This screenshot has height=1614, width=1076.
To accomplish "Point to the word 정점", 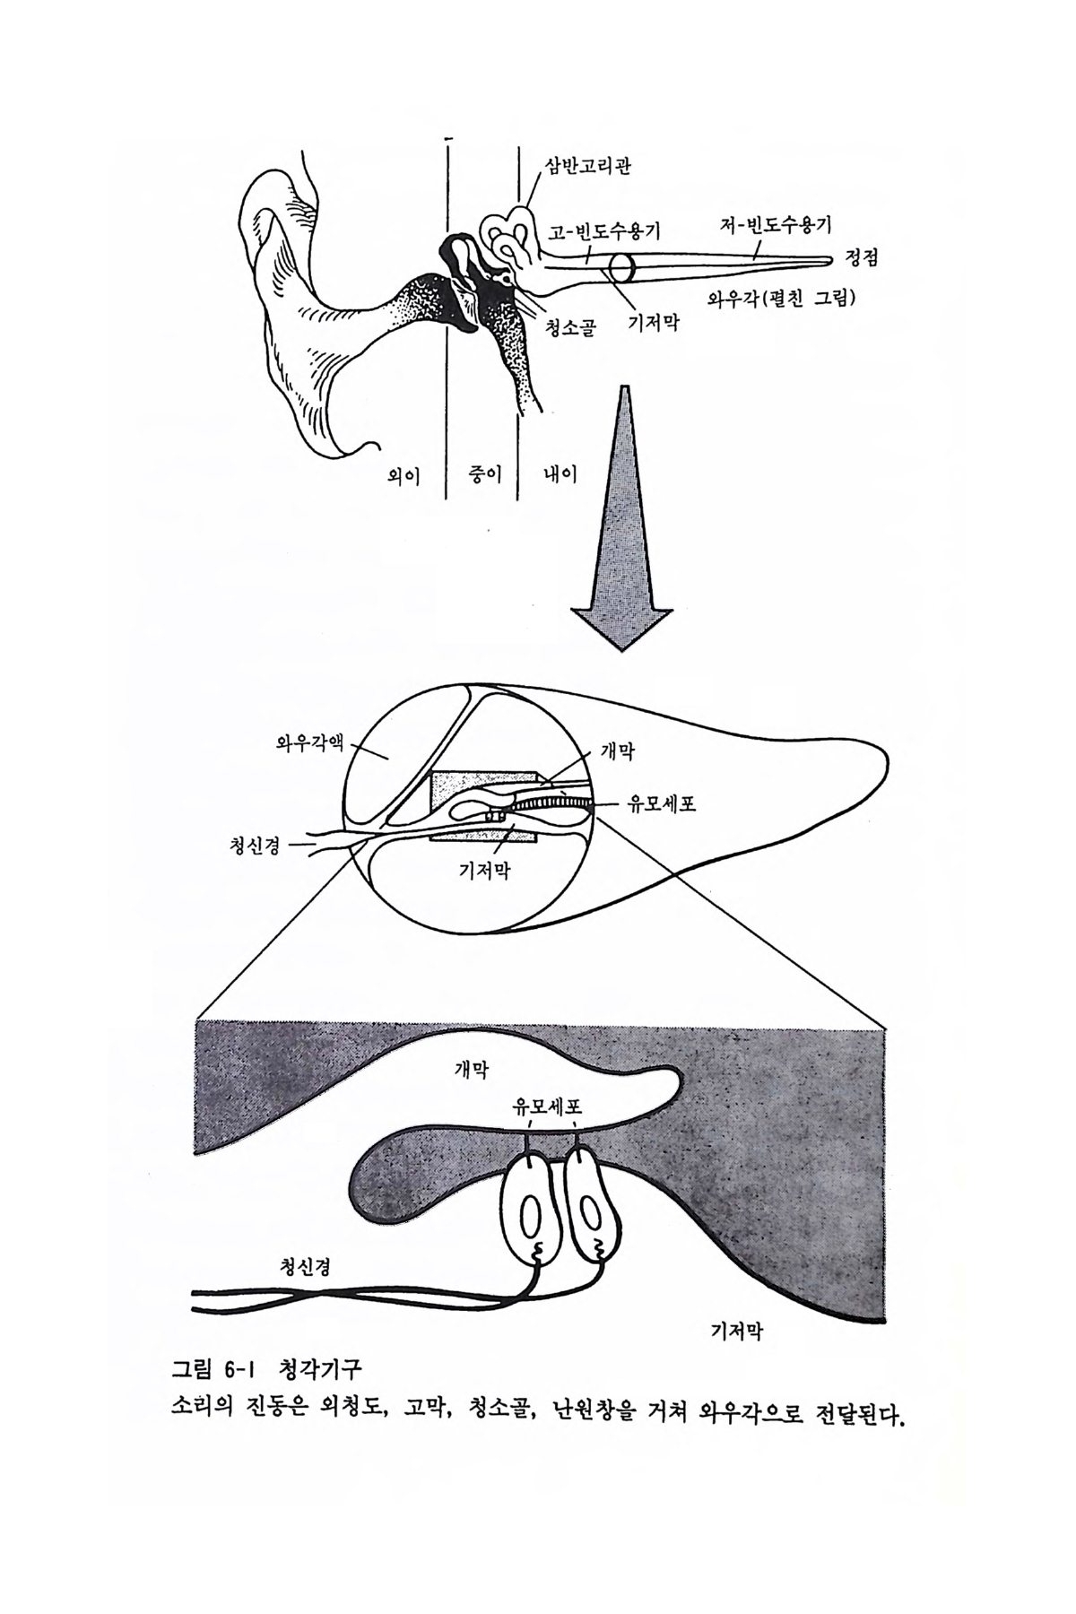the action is point(862,260).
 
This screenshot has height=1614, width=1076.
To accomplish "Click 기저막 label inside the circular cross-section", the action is point(484,869).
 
